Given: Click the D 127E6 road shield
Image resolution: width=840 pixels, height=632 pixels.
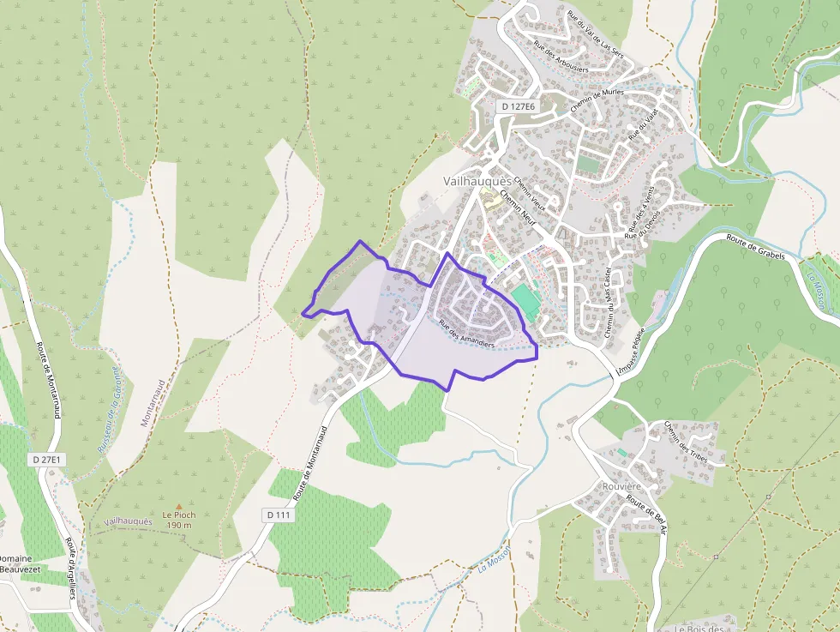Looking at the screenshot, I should pos(518,106).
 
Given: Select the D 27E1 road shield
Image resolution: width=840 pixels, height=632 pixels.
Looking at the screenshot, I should pos(46,460).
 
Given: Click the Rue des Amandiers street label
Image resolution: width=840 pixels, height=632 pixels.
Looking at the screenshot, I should pos(466,334).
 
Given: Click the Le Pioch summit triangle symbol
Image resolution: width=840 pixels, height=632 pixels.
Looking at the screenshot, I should pos(178,506).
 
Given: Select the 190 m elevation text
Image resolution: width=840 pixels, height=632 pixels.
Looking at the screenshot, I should pos(179,525).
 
